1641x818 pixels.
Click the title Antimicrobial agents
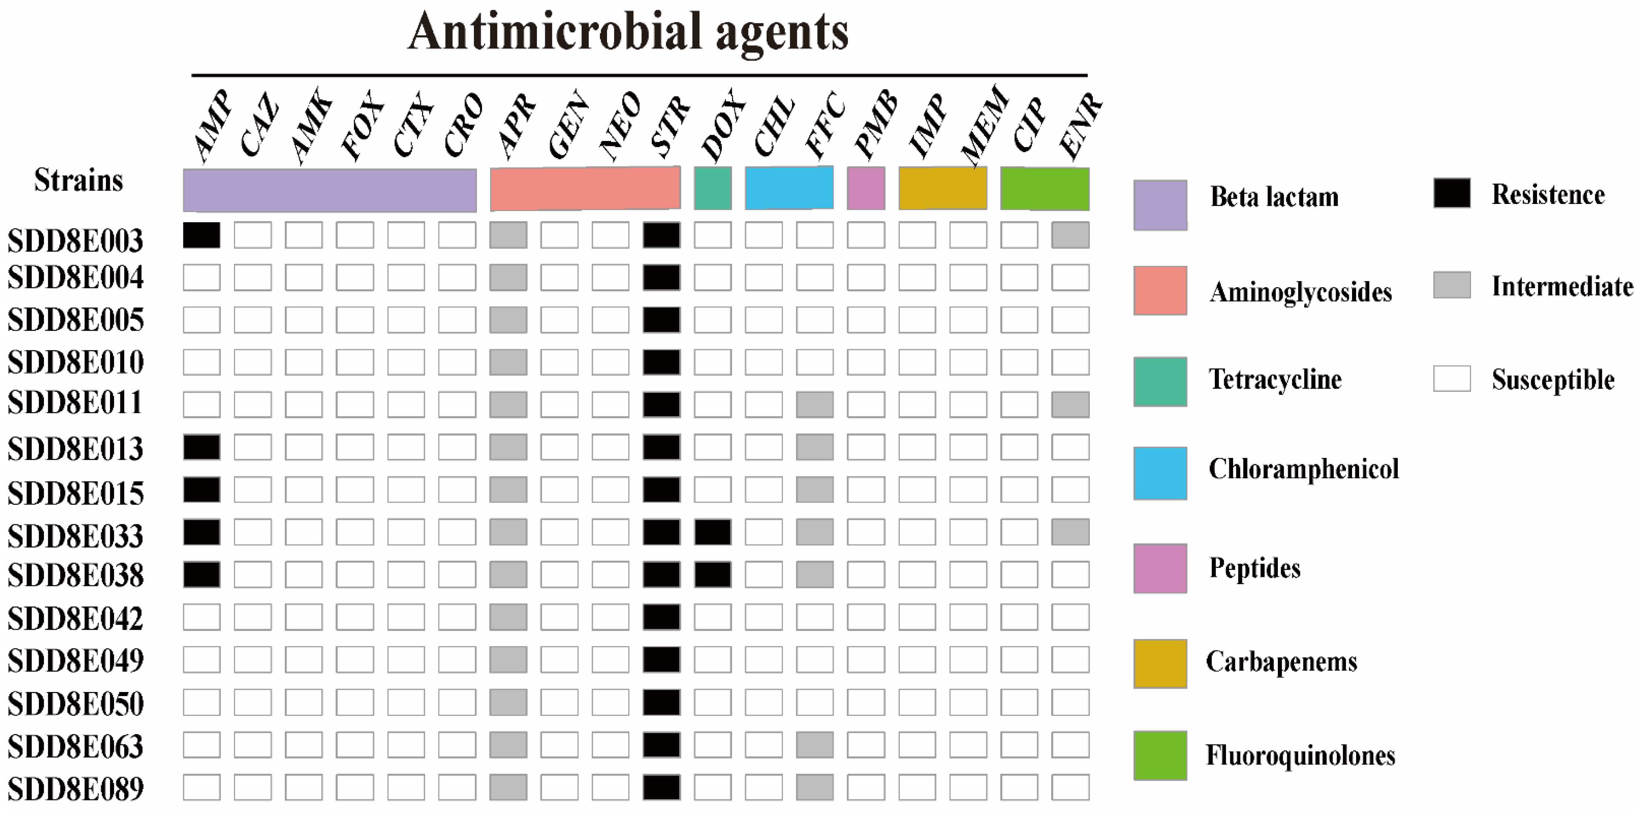[x=628, y=32]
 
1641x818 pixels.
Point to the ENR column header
[x=1081, y=126]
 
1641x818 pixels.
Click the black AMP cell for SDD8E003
[x=201, y=235]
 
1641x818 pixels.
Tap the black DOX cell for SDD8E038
[x=712, y=575]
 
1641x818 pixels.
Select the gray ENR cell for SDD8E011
[x=1070, y=405]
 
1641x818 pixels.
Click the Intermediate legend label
[x=1562, y=287]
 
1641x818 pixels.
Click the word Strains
[x=78, y=180]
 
